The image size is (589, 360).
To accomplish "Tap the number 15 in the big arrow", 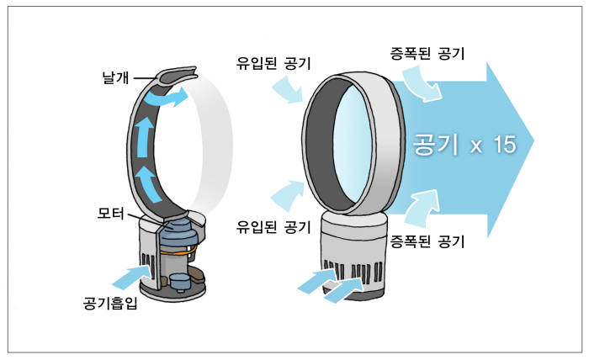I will point(504,145).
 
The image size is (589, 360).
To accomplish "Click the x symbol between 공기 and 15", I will point(475,146).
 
